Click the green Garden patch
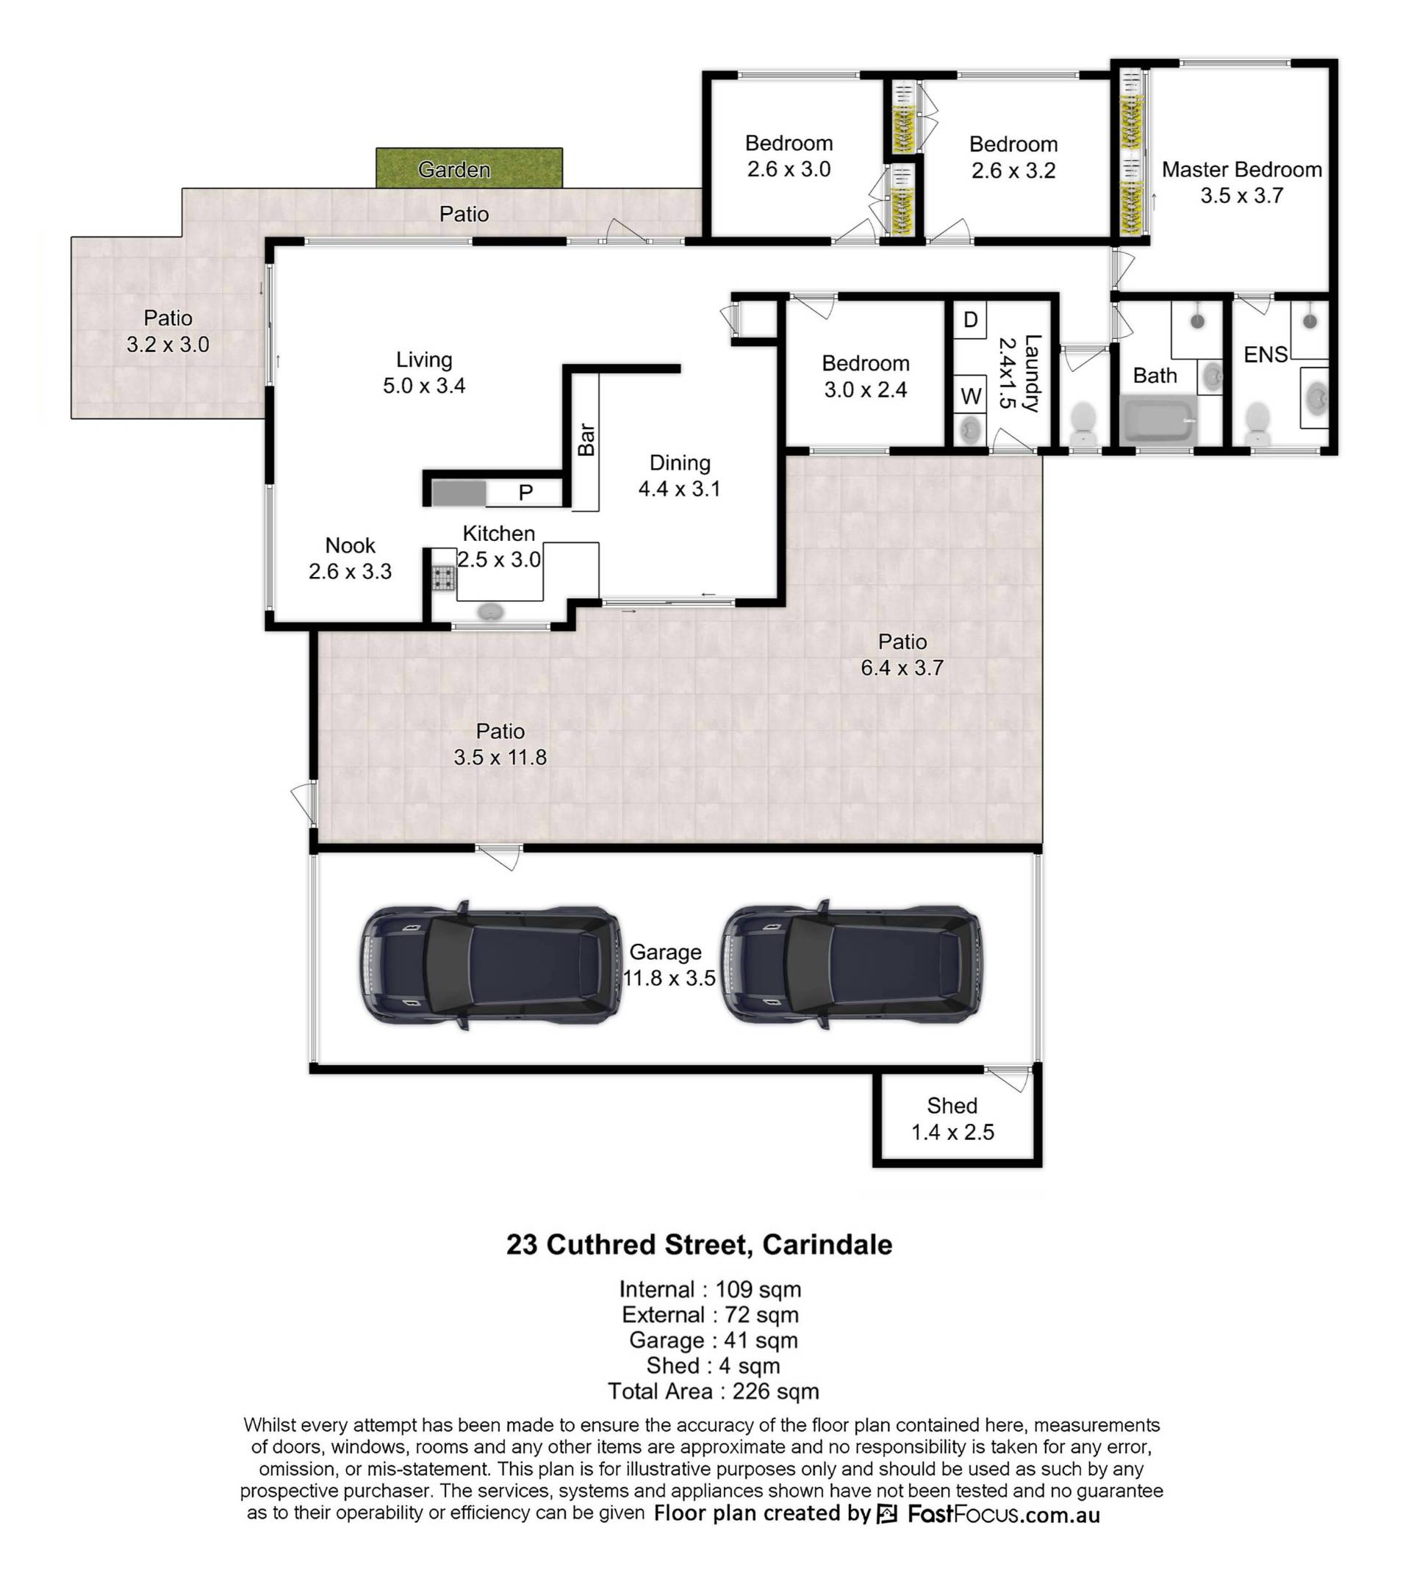point(469,168)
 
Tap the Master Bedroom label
point(1241,170)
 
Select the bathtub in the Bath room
point(1159,420)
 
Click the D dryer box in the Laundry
point(970,320)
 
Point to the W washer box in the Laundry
point(971,396)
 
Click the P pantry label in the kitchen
point(525,493)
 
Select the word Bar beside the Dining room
point(586,440)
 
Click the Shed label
point(952,1105)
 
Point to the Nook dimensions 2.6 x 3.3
point(350,571)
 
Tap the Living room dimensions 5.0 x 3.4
point(424,385)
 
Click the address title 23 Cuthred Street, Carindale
point(700,1244)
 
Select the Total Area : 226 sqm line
point(714,1391)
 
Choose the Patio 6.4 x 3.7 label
point(902,654)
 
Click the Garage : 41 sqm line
point(714,1340)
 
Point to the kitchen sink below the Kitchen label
point(490,612)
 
